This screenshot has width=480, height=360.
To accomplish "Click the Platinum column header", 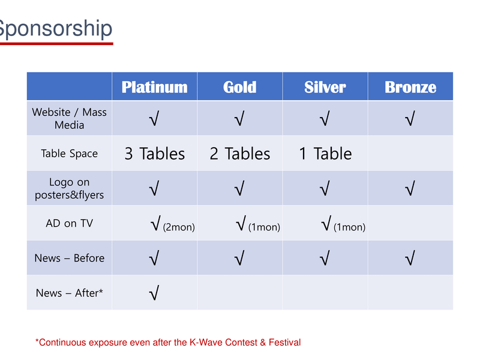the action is coord(155,87).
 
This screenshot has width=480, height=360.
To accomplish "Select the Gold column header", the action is coord(239,87).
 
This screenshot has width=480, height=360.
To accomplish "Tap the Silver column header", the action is coord(325,87).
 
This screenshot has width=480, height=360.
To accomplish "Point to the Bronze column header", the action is coord(410,87).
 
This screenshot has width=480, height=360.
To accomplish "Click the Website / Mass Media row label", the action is coord(70,118).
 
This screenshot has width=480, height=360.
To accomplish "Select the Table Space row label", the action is coord(70,154).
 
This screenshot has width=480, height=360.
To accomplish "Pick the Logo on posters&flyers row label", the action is coord(70,188).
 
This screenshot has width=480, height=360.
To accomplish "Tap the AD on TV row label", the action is coord(70,223).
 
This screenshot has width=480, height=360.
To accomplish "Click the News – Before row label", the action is coord(70,258).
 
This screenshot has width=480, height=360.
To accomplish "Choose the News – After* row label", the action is coord(70,293).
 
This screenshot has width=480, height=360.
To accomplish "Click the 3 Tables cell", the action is coord(155,154).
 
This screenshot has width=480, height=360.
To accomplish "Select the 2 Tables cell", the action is coord(239,154).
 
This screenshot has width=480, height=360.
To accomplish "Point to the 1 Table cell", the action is coord(325,154).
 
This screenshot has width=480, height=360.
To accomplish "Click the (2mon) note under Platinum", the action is coord(179,227).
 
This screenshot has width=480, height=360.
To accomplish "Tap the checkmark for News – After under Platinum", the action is coord(154,293).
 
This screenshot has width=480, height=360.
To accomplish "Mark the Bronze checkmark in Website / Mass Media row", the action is coord(410,118).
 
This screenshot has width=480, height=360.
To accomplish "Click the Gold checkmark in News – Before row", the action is coord(239,258).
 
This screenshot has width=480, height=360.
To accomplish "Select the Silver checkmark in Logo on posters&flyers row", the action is coord(325,188).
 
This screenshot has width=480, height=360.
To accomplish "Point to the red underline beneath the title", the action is coord(56,44).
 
